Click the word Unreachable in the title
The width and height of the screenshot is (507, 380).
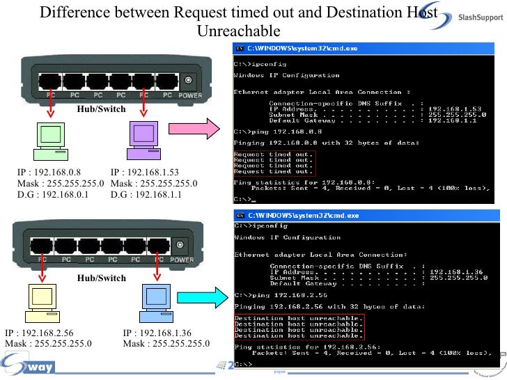click(238, 31)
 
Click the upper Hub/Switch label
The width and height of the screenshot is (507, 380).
click(102, 109)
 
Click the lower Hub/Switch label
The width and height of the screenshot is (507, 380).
click(102, 278)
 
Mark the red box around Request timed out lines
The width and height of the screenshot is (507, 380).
click(273, 162)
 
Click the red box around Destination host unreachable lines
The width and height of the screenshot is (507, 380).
click(298, 326)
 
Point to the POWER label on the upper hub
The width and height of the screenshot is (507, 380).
click(189, 95)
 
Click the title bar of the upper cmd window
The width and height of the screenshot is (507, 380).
click(362, 49)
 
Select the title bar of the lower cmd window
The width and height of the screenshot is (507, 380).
click(362, 216)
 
